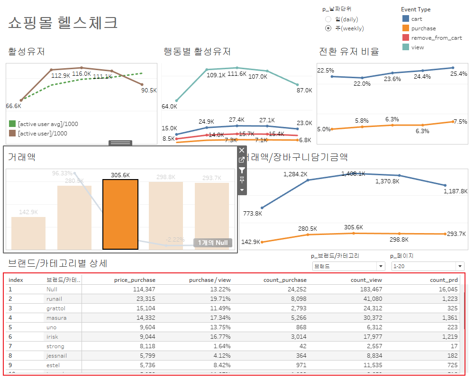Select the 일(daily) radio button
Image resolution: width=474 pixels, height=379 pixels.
coord(328,19)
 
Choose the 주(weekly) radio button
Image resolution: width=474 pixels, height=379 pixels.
coord(328,28)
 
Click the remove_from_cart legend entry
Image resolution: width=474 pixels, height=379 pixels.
coord(436,38)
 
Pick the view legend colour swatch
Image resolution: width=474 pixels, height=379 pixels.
coord(406,47)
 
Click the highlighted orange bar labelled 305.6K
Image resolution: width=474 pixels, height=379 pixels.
coord(120,214)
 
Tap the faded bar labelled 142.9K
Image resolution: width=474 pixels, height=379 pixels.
coord(28,233)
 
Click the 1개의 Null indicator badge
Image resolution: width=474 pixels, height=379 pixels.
coord(213,243)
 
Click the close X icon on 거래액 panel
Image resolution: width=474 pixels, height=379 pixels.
coord(242,150)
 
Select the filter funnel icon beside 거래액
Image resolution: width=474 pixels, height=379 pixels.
coord(242,170)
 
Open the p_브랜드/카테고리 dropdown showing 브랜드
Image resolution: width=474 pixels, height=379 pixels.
coord(348,266)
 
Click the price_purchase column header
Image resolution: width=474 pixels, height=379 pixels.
coord(135,280)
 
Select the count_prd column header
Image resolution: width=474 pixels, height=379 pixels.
coord(445,280)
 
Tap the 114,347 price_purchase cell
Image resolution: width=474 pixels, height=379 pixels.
coord(144,289)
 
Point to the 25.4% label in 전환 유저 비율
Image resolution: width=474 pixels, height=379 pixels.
coord(458,74)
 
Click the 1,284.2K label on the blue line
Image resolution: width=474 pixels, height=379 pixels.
coord(295,174)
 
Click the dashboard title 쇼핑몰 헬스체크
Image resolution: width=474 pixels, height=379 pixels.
coord(63,23)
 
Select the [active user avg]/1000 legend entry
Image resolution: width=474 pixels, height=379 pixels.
coord(48,124)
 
